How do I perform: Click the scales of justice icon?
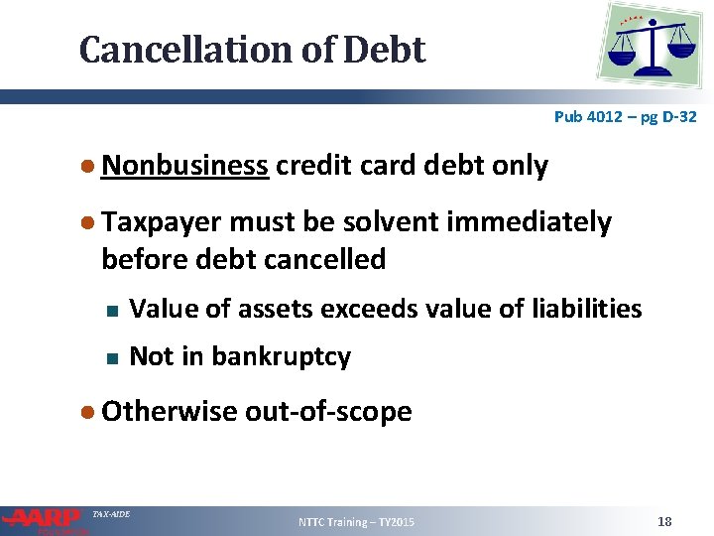[652, 45]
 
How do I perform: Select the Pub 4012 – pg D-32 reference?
[625, 117]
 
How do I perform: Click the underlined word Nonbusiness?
[184, 165]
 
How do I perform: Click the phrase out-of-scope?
[328, 411]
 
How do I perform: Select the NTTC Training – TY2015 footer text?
[357, 522]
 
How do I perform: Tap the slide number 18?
[664, 521]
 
